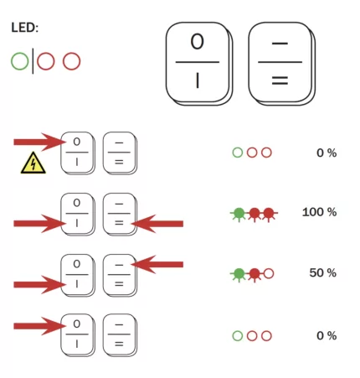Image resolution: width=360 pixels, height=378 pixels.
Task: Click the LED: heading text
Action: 25,28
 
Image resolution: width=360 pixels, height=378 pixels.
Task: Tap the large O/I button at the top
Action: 197,64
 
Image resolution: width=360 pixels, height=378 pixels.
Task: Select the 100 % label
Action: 319,212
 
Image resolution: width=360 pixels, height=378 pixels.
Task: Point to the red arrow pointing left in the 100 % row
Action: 158,223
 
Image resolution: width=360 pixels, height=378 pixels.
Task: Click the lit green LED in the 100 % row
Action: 239,214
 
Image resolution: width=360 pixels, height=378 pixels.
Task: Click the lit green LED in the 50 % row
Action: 239,273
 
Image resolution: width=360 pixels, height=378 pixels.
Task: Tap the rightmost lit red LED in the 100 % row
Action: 268,214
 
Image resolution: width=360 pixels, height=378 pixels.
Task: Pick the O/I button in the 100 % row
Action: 77,213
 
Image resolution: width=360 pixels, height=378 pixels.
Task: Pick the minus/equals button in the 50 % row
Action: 118,274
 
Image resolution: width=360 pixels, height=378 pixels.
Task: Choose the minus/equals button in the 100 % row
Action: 118,213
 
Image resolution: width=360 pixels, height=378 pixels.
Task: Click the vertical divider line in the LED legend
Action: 33,61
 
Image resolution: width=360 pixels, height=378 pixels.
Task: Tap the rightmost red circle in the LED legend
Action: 72,61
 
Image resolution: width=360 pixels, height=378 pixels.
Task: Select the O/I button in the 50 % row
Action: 77,274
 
